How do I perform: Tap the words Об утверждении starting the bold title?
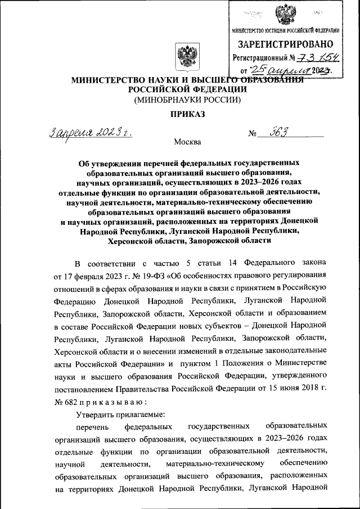coord(107,163)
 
